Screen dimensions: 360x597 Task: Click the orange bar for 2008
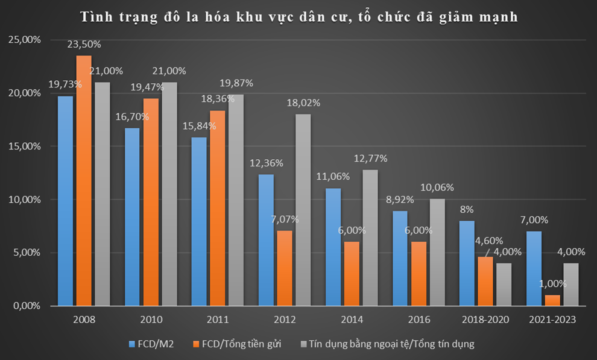point(84,181)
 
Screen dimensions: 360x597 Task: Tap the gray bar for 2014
point(370,238)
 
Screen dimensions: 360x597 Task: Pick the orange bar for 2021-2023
point(552,300)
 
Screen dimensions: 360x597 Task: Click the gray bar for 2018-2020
point(504,285)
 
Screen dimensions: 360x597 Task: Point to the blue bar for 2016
point(399,258)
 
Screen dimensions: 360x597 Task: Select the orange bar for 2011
point(217,208)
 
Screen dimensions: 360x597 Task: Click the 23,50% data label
point(84,44)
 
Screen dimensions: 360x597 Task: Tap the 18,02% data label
point(303,103)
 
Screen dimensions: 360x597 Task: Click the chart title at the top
point(299,16)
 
